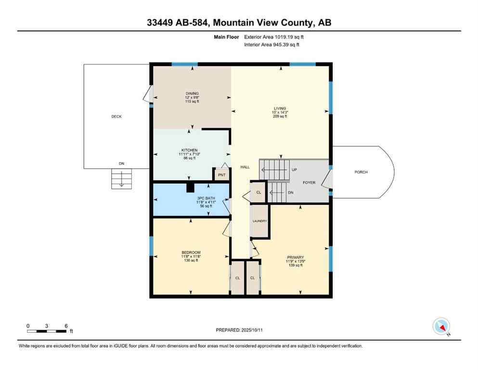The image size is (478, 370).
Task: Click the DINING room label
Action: point(192,93)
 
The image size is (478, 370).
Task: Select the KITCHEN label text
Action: point(190,150)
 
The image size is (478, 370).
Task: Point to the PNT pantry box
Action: point(221,174)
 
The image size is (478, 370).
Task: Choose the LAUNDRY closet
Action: point(260,221)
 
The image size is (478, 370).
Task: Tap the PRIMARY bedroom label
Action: point(295,257)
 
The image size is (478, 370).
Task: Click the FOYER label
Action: point(309,183)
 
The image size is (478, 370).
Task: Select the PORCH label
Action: point(361,172)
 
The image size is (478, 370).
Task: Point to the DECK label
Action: point(116,117)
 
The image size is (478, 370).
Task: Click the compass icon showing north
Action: point(441,326)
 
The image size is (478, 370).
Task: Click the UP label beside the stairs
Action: point(294,170)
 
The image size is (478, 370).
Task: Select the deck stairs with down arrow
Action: point(121,179)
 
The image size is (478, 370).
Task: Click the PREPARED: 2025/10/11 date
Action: point(239,330)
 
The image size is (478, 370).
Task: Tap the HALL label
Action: point(245,167)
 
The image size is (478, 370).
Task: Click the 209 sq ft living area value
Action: point(280,117)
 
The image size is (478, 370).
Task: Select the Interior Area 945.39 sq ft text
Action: point(271,45)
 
